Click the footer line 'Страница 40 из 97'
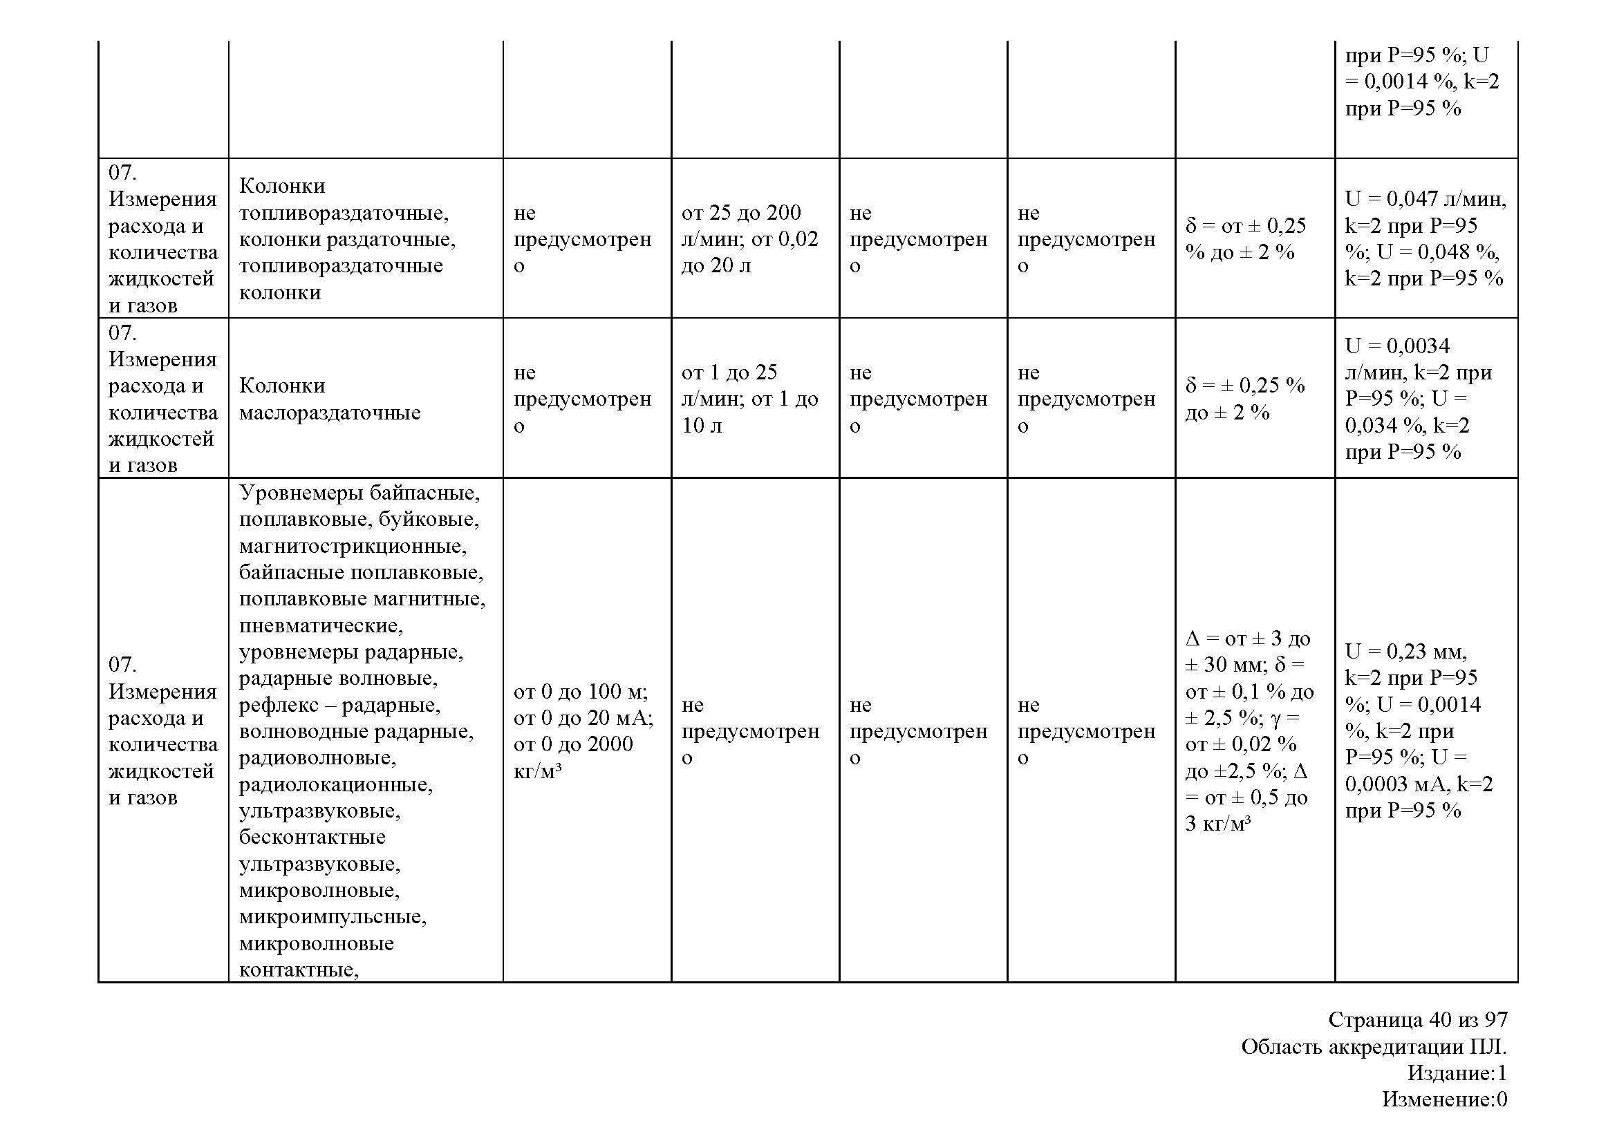tap(1418, 1019)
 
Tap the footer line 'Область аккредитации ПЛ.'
tap(1374, 1046)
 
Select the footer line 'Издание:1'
tap(1457, 1073)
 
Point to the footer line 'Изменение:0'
tap(1443, 1099)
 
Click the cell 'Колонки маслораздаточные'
tap(330, 398)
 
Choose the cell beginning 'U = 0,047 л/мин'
tap(1425, 238)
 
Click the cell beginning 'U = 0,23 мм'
tap(1418, 730)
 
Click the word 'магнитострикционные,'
tap(352, 545)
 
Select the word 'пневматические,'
tap(321, 625)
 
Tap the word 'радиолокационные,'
tap(335, 784)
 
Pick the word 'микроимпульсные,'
tap(333, 916)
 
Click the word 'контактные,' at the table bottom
tap(299, 970)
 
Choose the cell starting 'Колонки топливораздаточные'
tap(346, 238)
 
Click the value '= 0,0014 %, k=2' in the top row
tap(1421, 82)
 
